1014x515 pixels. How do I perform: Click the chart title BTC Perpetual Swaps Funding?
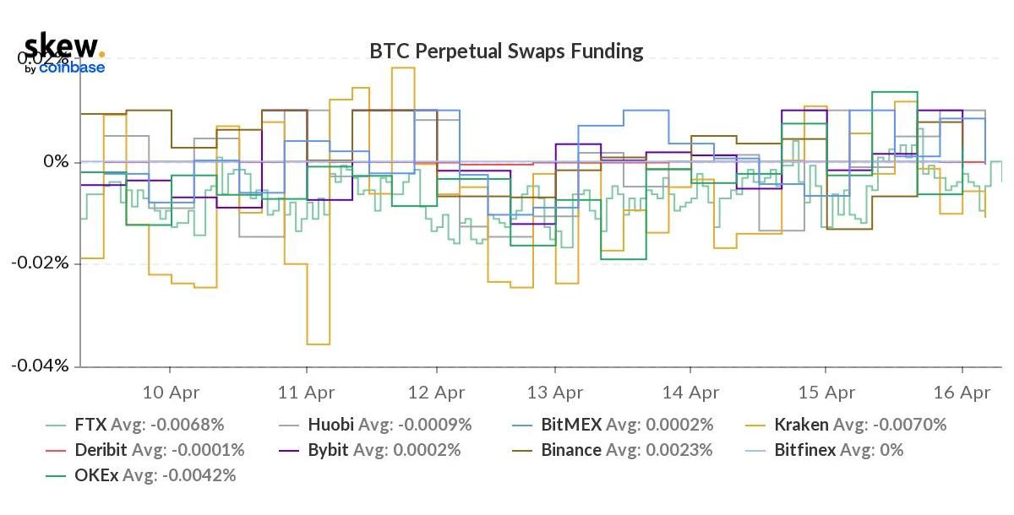coord(506,51)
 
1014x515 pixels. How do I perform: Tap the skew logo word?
coord(61,46)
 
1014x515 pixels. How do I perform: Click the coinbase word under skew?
coord(72,68)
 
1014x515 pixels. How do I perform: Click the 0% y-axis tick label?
coord(56,161)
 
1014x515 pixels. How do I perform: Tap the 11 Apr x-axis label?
coord(306,393)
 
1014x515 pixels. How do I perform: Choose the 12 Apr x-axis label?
coord(436,393)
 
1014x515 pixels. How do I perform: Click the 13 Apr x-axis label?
coord(555,393)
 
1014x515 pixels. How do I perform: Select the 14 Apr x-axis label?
coord(690,393)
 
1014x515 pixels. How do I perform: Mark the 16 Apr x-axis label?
coord(962,393)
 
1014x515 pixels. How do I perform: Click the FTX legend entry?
coord(135,425)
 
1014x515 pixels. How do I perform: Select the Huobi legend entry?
coord(377,425)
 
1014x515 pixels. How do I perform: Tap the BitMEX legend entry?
coord(614,425)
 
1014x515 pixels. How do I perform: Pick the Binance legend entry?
coord(614,450)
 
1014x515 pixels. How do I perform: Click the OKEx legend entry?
coord(141,475)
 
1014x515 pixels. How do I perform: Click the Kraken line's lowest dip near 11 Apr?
coord(318,344)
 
